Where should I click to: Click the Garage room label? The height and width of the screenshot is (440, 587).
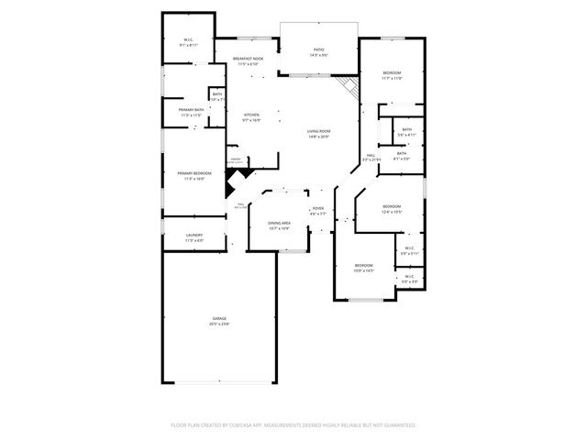[x=219, y=319]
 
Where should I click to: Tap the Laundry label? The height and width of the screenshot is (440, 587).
[x=194, y=236]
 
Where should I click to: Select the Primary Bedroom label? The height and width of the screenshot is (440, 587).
[x=194, y=174]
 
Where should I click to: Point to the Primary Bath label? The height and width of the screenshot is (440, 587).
[x=192, y=111]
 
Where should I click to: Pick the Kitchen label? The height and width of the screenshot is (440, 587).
[x=251, y=115]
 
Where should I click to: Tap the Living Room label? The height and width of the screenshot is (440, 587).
[x=318, y=132]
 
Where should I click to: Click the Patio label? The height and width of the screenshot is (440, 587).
[x=319, y=50]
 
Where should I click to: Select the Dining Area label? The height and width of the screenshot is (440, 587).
[x=279, y=224]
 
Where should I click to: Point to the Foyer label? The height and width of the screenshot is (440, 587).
[x=317, y=209]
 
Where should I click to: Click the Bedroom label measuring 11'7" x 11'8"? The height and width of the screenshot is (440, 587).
[x=392, y=72]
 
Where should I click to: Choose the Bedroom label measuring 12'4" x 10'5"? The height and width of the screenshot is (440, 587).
[x=392, y=206]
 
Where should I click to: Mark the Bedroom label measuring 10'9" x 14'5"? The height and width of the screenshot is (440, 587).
[x=364, y=265]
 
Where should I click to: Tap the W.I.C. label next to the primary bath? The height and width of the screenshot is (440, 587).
[x=188, y=40]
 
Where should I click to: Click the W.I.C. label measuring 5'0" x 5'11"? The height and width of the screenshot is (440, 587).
[x=409, y=248]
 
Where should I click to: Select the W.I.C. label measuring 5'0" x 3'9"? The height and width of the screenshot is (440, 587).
[x=409, y=277]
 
